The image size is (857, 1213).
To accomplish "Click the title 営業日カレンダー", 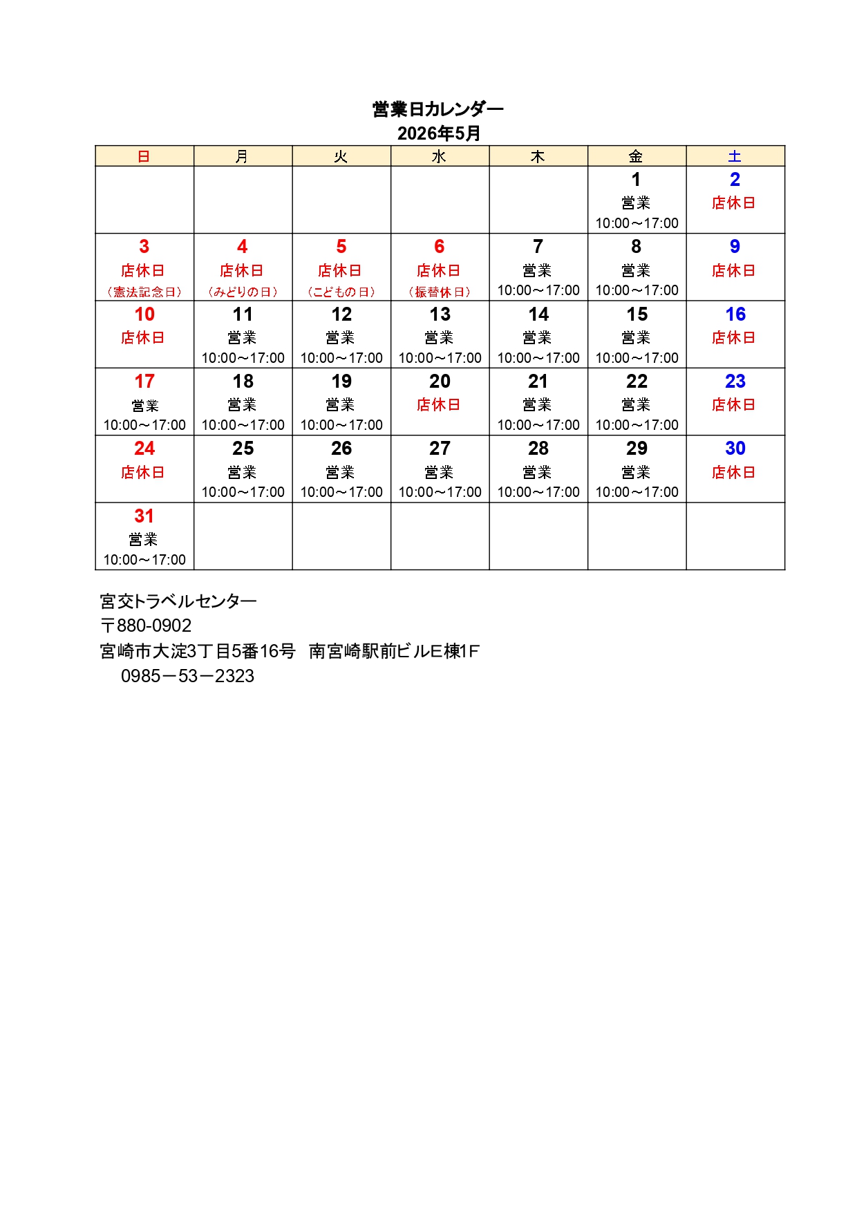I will (438, 109).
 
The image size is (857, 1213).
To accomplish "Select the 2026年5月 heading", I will (438, 133).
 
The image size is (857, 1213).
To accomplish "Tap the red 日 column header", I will (144, 157).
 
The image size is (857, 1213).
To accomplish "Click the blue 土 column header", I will (735, 157).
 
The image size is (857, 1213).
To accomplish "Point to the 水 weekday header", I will (439, 157).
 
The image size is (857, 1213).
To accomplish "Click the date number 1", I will (636, 180).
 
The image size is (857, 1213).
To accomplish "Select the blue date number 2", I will (735, 180).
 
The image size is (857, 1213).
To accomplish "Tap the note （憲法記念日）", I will (144, 292).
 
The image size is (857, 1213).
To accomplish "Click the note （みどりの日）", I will (243, 292).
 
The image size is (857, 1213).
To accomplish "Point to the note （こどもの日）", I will (341, 292).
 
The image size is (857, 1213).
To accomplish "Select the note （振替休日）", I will (439, 292).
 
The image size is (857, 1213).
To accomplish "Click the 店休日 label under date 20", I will (439, 405).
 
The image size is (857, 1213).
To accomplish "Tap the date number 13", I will (440, 314).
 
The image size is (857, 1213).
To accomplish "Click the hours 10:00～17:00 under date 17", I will (144, 425).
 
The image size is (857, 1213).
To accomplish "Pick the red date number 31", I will (144, 516).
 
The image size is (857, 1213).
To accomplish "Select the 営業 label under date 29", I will (636, 473).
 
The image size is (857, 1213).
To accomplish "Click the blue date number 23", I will (735, 382).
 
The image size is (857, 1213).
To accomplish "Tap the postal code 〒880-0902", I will (146, 626).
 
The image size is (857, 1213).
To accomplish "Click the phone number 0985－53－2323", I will (187, 676).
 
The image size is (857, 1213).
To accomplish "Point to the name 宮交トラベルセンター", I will (178, 601).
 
